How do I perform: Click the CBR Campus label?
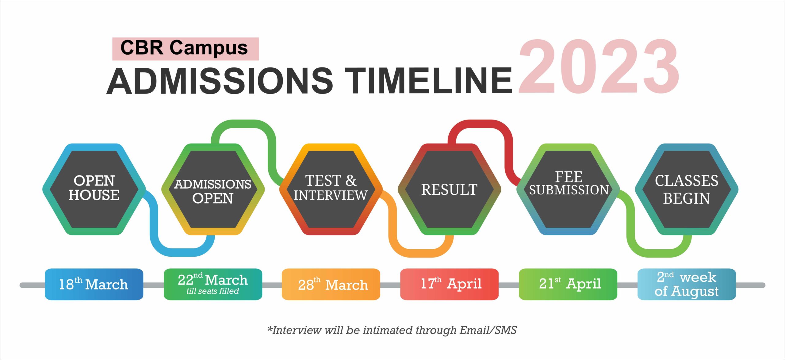tap(185, 48)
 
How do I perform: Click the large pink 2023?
tap(599, 66)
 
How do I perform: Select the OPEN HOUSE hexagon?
tap(94, 189)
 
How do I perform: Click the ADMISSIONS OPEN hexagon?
tap(213, 189)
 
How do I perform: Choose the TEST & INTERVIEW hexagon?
tap(331, 189)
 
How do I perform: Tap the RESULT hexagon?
tap(449, 189)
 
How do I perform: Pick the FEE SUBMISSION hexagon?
tap(568, 189)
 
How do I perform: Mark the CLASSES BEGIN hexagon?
tap(687, 189)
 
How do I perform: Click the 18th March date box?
tap(94, 284)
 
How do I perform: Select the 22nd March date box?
tap(213, 284)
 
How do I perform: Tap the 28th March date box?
tap(331, 284)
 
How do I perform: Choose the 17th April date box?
tap(449, 284)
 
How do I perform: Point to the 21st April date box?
tap(568, 284)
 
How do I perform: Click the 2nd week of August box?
tap(687, 284)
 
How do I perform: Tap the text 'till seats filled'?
tap(213, 291)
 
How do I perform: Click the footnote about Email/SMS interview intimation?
tap(392, 330)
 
